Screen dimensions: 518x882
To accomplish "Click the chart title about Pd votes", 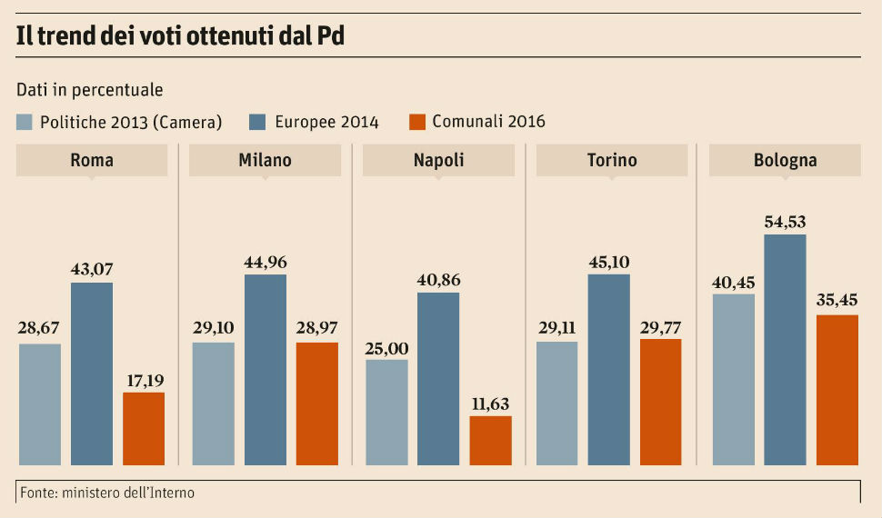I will (x=180, y=36).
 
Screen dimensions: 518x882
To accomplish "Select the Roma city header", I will (x=92, y=161).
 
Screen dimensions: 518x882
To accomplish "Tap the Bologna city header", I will (x=785, y=161).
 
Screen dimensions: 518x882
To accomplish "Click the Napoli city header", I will (x=438, y=161).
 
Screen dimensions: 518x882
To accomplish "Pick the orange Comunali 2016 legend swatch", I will (x=417, y=122).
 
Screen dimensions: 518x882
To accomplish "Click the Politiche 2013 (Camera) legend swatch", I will (x=25, y=122).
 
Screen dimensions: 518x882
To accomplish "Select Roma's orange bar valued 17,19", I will (x=144, y=428).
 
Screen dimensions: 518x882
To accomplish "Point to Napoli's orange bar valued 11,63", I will (x=491, y=441).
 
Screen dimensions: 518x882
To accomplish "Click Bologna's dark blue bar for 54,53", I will (x=785, y=350).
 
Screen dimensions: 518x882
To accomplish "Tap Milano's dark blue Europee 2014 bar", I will (x=265, y=369).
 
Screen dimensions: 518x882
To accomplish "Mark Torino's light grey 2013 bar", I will (x=557, y=403).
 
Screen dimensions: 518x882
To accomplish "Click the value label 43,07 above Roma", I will (x=92, y=269).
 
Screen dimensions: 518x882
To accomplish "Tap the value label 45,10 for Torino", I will (x=608, y=262).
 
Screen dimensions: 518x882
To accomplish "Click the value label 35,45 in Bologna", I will (x=837, y=301).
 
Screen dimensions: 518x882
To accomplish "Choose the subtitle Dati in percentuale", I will (x=90, y=90).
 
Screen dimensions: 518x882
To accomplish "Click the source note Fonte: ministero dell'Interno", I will (x=106, y=493).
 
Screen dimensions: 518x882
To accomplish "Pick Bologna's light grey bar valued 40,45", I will (x=734, y=379).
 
